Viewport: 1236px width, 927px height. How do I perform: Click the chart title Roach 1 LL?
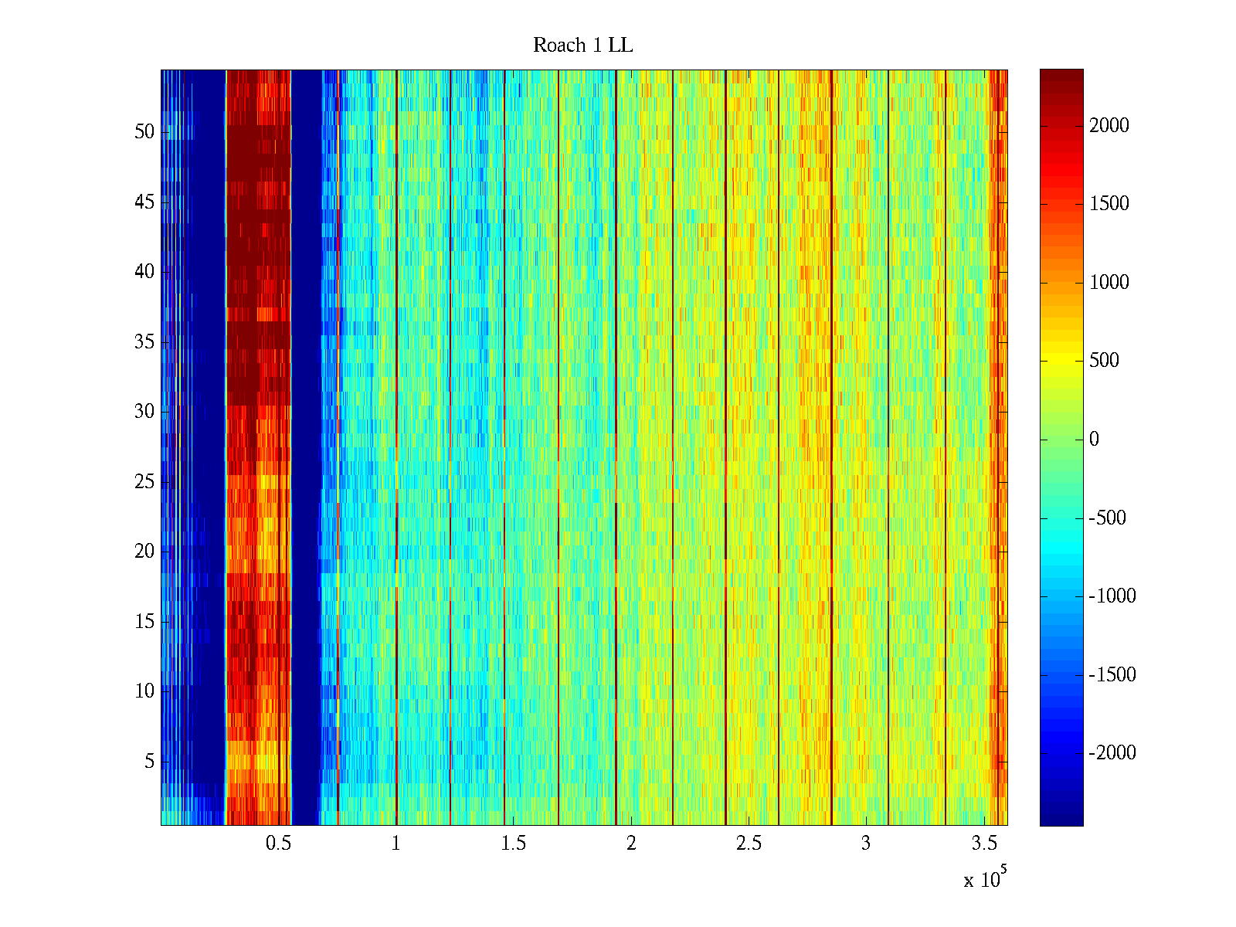582,46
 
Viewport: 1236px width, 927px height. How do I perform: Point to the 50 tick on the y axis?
144,132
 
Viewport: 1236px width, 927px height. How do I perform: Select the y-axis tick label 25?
144,482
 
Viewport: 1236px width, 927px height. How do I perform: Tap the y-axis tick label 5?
149,762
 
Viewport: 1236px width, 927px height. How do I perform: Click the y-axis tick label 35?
144,342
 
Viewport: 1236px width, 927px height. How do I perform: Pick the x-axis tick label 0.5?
278,844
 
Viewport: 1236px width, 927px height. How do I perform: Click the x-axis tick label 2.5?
749,844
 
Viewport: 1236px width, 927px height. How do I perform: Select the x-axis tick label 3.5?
983,844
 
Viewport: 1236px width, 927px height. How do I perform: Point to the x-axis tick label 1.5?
514,844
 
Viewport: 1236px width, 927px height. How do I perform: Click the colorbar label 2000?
1109,126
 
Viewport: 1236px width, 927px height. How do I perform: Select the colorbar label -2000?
1112,753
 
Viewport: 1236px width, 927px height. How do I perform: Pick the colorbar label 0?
1094,440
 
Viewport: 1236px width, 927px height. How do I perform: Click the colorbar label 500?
1104,361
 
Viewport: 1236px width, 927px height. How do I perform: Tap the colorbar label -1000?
1112,596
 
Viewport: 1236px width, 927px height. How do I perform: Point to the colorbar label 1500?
1109,204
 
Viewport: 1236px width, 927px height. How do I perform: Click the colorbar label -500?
1108,518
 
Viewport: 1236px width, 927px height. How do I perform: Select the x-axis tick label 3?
866,844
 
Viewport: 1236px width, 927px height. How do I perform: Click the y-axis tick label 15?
144,622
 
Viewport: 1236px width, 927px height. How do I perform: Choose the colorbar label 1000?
1109,283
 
